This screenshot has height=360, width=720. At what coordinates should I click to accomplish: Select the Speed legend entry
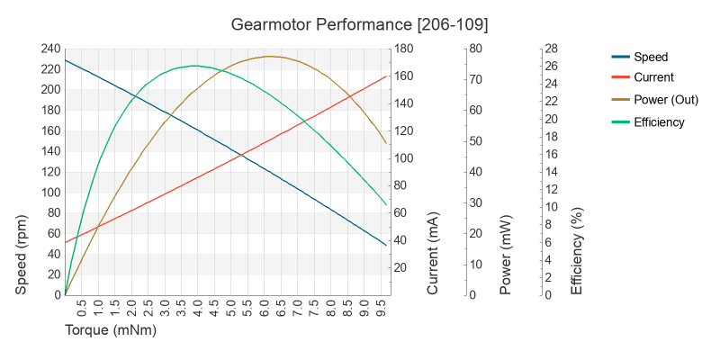651,56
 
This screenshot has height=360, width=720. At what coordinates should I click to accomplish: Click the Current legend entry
653,77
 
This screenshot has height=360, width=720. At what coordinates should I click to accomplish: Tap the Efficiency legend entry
659,121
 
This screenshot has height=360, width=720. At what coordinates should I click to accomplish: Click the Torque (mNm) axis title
111,330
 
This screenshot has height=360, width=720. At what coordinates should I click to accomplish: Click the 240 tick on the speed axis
49,49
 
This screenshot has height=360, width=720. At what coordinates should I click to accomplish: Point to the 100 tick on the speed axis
49,193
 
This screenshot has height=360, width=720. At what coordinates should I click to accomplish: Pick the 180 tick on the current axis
405,49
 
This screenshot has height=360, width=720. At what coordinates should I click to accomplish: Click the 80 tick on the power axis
477,49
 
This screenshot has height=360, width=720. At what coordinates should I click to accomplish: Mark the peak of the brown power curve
269,57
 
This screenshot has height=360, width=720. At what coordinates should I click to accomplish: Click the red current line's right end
386,76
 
